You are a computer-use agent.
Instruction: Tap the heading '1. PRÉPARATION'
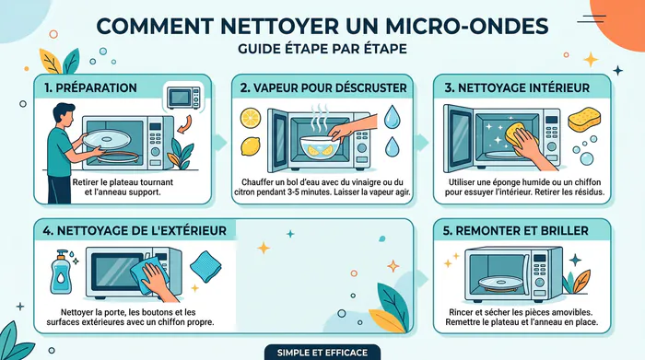[x=90, y=88]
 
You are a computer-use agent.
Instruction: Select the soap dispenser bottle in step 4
[x=61, y=272]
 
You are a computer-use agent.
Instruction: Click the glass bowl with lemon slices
[x=317, y=148]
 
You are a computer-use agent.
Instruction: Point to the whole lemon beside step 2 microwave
[x=251, y=146]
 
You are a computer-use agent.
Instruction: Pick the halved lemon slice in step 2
[x=251, y=118]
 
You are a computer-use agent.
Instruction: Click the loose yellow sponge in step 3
[x=584, y=119]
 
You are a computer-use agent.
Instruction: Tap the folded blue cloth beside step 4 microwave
[x=205, y=266]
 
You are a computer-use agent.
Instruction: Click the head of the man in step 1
[x=64, y=114]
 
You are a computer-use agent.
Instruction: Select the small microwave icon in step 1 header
[x=183, y=98]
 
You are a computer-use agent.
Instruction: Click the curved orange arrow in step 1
[x=184, y=124]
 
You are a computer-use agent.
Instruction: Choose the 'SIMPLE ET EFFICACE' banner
[x=322, y=353]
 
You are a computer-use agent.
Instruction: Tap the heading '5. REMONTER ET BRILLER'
[x=515, y=231]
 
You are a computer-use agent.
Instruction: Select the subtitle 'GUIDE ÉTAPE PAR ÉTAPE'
[x=322, y=49]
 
